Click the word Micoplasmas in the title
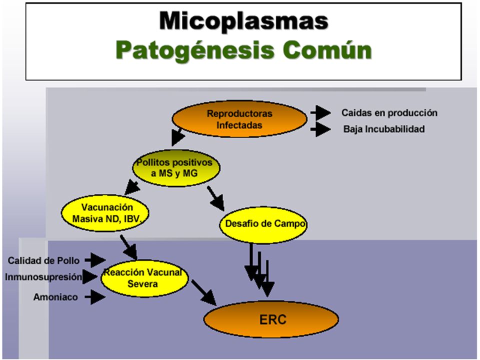(243, 21)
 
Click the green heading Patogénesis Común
(243, 50)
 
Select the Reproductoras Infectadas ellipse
(239, 119)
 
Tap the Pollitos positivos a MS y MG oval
(176, 168)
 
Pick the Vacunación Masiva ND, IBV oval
(105, 213)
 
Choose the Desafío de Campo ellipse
(263, 224)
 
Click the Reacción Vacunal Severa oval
(144, 278)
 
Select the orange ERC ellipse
(271, 319)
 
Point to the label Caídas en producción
(389, 113)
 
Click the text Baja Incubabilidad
(384, 129)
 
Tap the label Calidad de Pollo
(43, 260)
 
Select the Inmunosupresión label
(43, 277)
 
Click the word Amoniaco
(55, 297)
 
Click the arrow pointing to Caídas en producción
(320, 112)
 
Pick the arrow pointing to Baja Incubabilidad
(320, 129)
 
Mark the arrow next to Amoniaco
(95, 296)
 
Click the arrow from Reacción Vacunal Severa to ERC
(204, 292)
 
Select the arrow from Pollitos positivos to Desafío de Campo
(216, 198)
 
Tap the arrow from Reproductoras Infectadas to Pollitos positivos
(178, 136)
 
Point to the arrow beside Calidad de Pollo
(95, 260)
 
